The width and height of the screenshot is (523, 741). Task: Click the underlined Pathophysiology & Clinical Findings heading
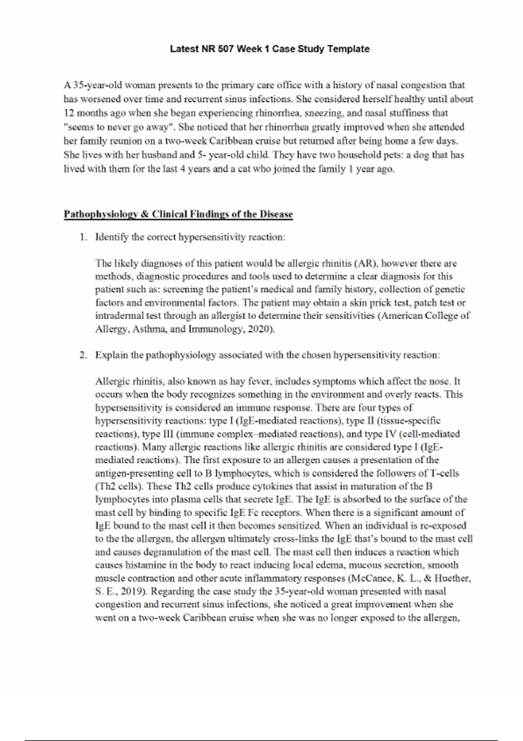[x=178, y=214]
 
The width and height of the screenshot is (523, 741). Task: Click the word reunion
[x=126, y=141]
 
